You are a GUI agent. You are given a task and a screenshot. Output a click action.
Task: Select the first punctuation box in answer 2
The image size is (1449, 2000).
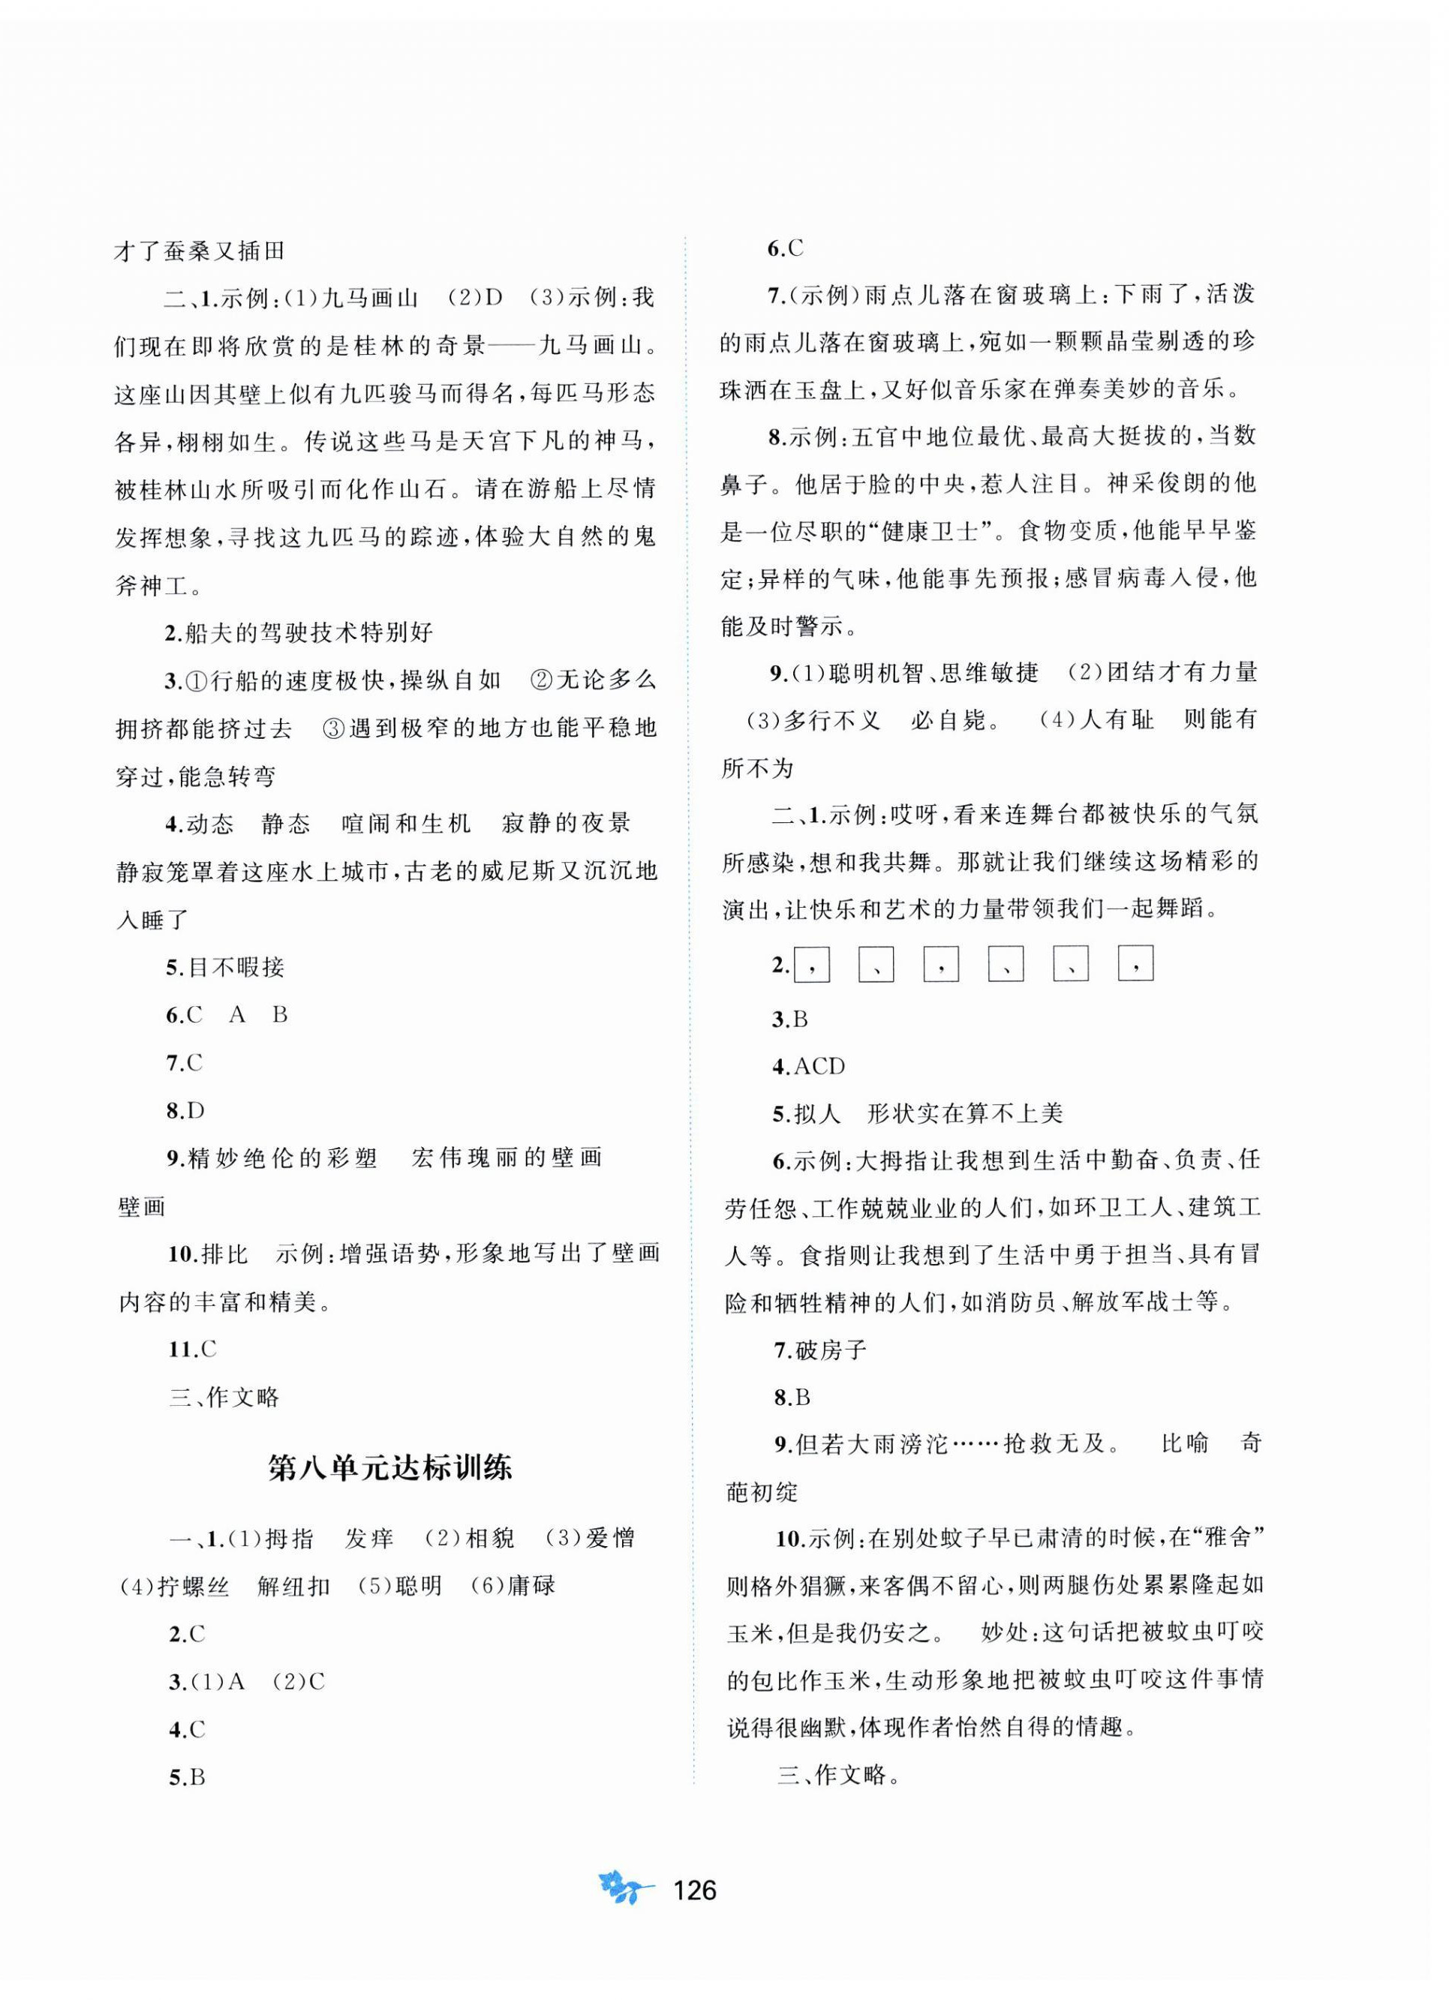[811, 965]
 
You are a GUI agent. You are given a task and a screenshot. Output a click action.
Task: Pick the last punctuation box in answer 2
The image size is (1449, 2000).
[1135, 965]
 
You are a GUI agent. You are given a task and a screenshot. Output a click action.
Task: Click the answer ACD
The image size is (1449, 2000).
[819, 1066]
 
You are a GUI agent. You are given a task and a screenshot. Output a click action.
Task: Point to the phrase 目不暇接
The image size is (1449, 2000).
[236, 968]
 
